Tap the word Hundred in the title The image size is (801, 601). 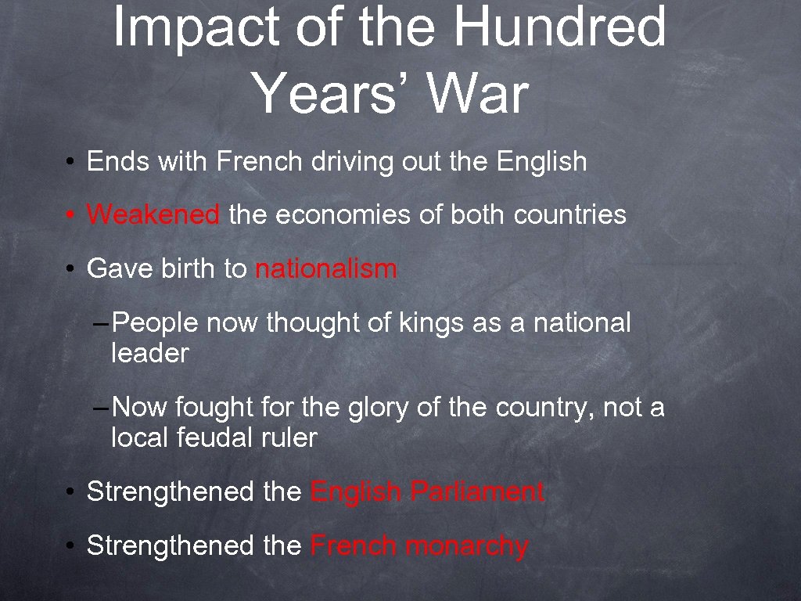(x=560, y=27)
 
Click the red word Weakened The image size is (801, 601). (x=153, y=214)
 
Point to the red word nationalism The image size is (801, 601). (x=326, y=268)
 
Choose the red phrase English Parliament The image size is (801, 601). (x=427, y=491)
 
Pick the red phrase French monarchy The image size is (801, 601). (x=419, y=545)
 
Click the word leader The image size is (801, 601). (x=150, y=353)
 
